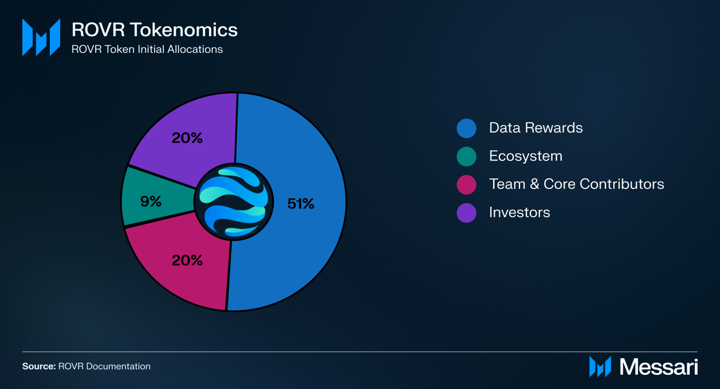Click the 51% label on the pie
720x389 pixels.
301,204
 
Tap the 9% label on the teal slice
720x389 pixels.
151,201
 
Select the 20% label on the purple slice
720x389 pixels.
187,138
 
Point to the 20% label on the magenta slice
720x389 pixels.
187,260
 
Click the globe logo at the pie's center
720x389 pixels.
234,202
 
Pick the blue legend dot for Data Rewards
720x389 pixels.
466,128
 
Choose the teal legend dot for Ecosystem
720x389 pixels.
466,156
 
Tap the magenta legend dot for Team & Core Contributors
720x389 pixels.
466,185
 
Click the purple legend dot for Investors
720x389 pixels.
466,213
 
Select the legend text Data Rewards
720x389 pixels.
535,128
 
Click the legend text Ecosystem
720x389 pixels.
525,156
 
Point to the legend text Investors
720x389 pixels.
519,212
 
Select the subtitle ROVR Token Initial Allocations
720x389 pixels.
147,49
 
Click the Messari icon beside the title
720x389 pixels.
41,37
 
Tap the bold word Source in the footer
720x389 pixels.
39,366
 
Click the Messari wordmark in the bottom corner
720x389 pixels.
658,367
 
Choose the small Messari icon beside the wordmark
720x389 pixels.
600,367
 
